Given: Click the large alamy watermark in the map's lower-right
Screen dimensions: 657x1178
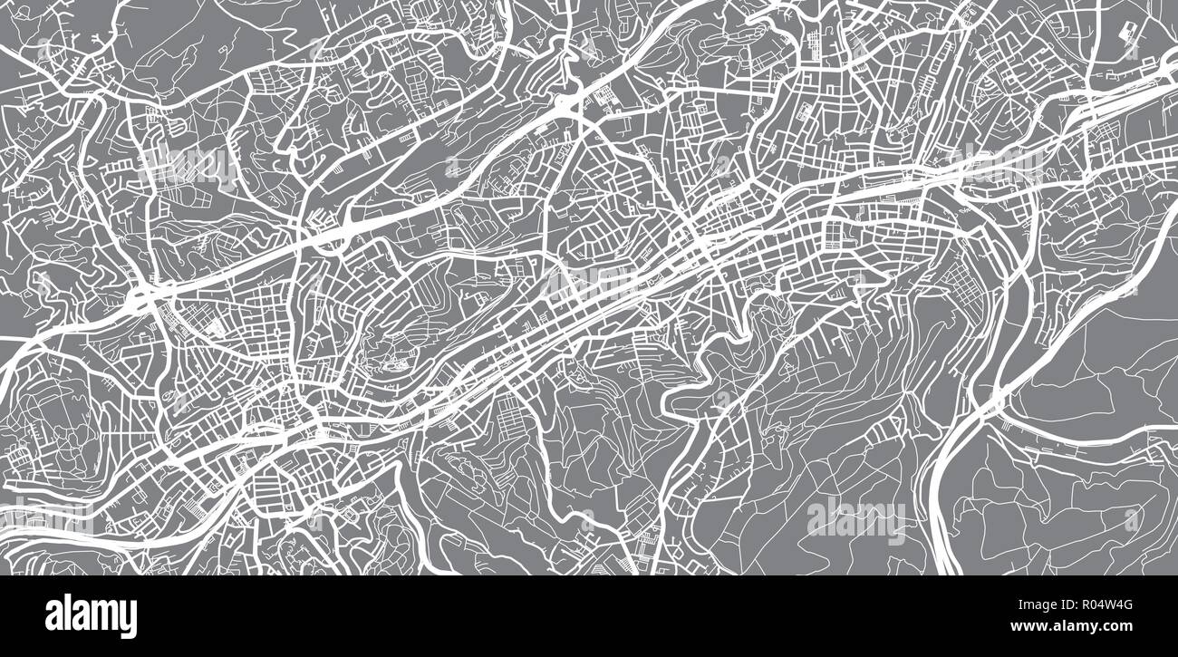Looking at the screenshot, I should pyautogui.click(x=855, y=517).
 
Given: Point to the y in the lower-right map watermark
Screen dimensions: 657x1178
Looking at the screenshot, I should pyautogui.click(x=893, y=522).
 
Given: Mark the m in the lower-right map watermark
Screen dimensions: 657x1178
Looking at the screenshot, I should pyautogui.click(x=869, y=518).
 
